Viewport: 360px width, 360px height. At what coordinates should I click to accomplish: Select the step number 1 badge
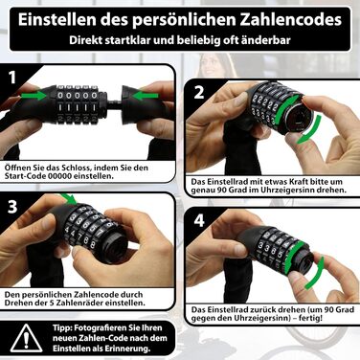[12, 78]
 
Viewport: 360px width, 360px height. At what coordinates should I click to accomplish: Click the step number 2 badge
[199, 92]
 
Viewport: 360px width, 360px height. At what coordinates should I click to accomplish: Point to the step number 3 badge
[12, 207]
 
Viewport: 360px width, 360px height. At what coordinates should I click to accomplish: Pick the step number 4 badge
[199, 220]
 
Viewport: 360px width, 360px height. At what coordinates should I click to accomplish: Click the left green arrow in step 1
[34, 96]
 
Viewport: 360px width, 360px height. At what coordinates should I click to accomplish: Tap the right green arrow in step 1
[146, 96]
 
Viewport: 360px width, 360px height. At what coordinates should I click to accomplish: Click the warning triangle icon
[26, 338]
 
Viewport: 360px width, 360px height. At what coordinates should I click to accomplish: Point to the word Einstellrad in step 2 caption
[223, 182]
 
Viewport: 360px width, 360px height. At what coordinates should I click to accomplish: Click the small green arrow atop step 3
[69, 198]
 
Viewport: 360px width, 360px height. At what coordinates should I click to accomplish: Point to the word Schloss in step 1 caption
[75, 168]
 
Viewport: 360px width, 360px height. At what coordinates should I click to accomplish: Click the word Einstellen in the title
[57, 20]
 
